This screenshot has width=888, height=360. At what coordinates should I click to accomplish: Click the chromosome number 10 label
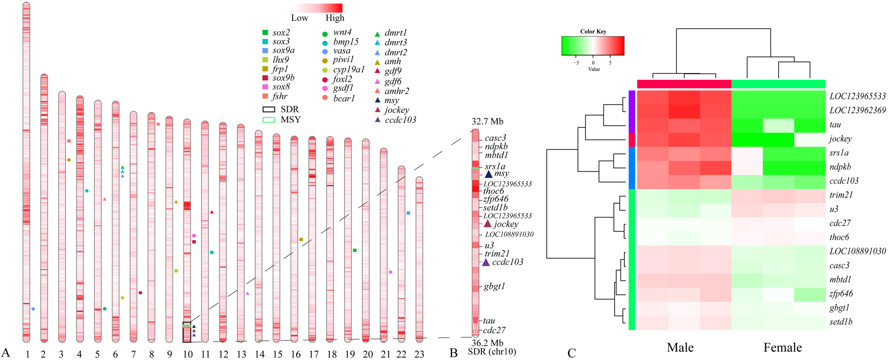pyautogui.click(x=188, y=354)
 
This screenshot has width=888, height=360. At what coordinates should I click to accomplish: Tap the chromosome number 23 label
pyautogui.click(x=419, y=354)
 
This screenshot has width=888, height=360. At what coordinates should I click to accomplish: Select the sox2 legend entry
pyautogui.click(x=281, y=33)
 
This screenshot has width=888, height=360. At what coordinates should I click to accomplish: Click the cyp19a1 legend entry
pyautogui.click(x=348, y=70)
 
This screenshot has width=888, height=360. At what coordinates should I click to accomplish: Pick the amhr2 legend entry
pyautogui.click(x=396, y=91)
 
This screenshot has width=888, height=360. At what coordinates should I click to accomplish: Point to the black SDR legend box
pyautogui.click(x=269, y=109)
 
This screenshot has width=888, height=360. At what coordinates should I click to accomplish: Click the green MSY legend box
pyautogui.click(x=269, y=120)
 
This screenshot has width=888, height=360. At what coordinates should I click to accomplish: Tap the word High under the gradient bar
pyautogui.click(x=335, y=18)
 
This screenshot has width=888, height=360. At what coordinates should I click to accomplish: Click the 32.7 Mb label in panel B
pyautogui.click(x=487, y=122)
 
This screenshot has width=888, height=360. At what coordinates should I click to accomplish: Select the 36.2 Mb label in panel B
pyautogui.click(x=487, y=343)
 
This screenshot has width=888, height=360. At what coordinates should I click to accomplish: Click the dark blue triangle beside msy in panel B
pyautogui.click(x=489, y=174)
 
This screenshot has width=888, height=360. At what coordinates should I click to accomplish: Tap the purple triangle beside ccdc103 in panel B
pyautogui.click(x=486, y=263)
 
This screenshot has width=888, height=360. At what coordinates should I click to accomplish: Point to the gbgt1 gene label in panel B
pyautogui.click(x=494, y=286)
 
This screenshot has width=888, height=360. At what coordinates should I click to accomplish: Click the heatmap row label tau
pyautogui.click(x=835, y=125)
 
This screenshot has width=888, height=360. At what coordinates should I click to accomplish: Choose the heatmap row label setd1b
pyautogui.click(x=841, y=322)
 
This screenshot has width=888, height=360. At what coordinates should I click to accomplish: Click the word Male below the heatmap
pyautogui.click(x=680, y=347)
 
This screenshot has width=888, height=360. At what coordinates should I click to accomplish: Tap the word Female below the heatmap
pyautogui.click(x=783, y=347)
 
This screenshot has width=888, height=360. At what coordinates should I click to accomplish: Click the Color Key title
pyautogui.click(x=593, y=32)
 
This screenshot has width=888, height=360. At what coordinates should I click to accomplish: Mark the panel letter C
pyautogui.click(x=572, y=353)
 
